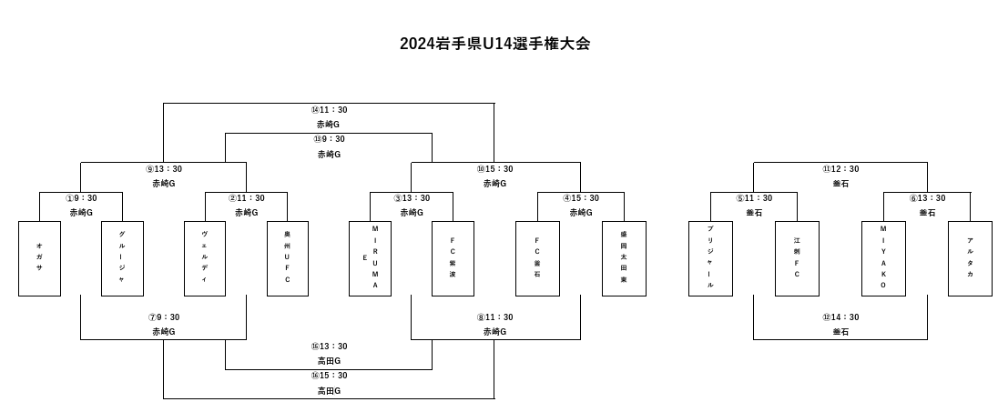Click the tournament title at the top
tap(494, 44)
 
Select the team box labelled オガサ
tap(39, 258)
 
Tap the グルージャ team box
tap(122, 258)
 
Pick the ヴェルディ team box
tap(205, 258)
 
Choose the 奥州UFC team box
tap(288, 258)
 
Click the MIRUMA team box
tap(371, 258)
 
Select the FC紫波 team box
tap(453, 258)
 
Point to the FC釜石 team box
tap(537, 258)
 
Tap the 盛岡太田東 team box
tap(624, 258)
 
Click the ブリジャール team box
tap(710, 258)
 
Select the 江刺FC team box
tap(797, 258)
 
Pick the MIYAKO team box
tap(883, 258)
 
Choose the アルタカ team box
tap(970, 258)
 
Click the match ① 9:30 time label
tap(81, 198)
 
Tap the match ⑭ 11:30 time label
tap(329, 110)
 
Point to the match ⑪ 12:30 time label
tap(840, 169)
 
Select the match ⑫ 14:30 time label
tap(840, 317)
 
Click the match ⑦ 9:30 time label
tap(164, 317)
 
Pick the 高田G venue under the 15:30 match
tap(329, 390)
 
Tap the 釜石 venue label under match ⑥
tap(927, 213)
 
